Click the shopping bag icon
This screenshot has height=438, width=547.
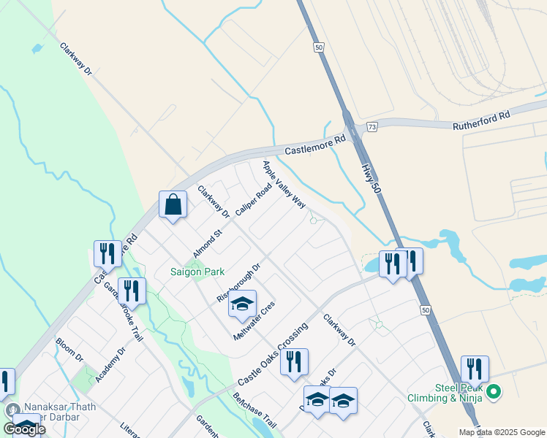173,206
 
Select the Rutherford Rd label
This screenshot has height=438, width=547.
481,125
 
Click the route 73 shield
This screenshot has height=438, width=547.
372,126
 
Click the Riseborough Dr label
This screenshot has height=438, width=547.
238,283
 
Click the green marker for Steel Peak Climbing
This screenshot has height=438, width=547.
494,393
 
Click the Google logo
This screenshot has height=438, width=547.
24,429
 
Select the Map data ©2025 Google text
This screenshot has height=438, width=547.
501,432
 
